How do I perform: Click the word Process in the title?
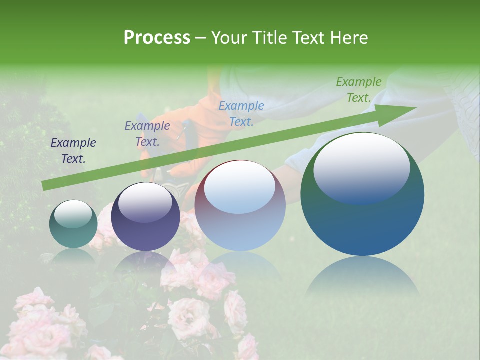pyautogui.click(x=157, y=38)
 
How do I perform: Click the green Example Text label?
pyautogui.click(x=358, y=90)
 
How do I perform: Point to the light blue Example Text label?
pyautogui.click(x=241, y=113)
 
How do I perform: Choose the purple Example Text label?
pyautogui.click(x=147, y=134)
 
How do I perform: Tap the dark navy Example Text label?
pyautogui.click(x=73, y=150)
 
